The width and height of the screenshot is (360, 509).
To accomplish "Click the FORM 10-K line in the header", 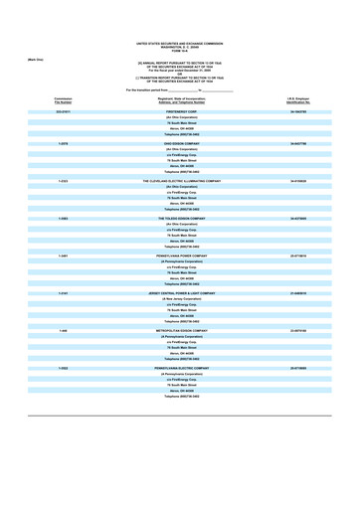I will click(180, 53).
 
